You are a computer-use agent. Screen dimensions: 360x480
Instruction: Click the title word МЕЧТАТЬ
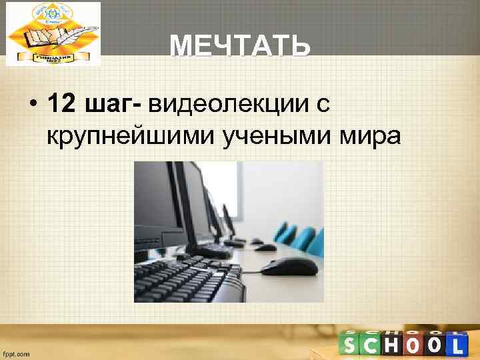coord(239,47)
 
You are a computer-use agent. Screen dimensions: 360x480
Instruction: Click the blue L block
coord(456,344)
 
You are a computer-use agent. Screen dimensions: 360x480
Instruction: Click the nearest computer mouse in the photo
coord(288,267)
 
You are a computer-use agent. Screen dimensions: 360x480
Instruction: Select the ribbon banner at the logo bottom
coord(53,57)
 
